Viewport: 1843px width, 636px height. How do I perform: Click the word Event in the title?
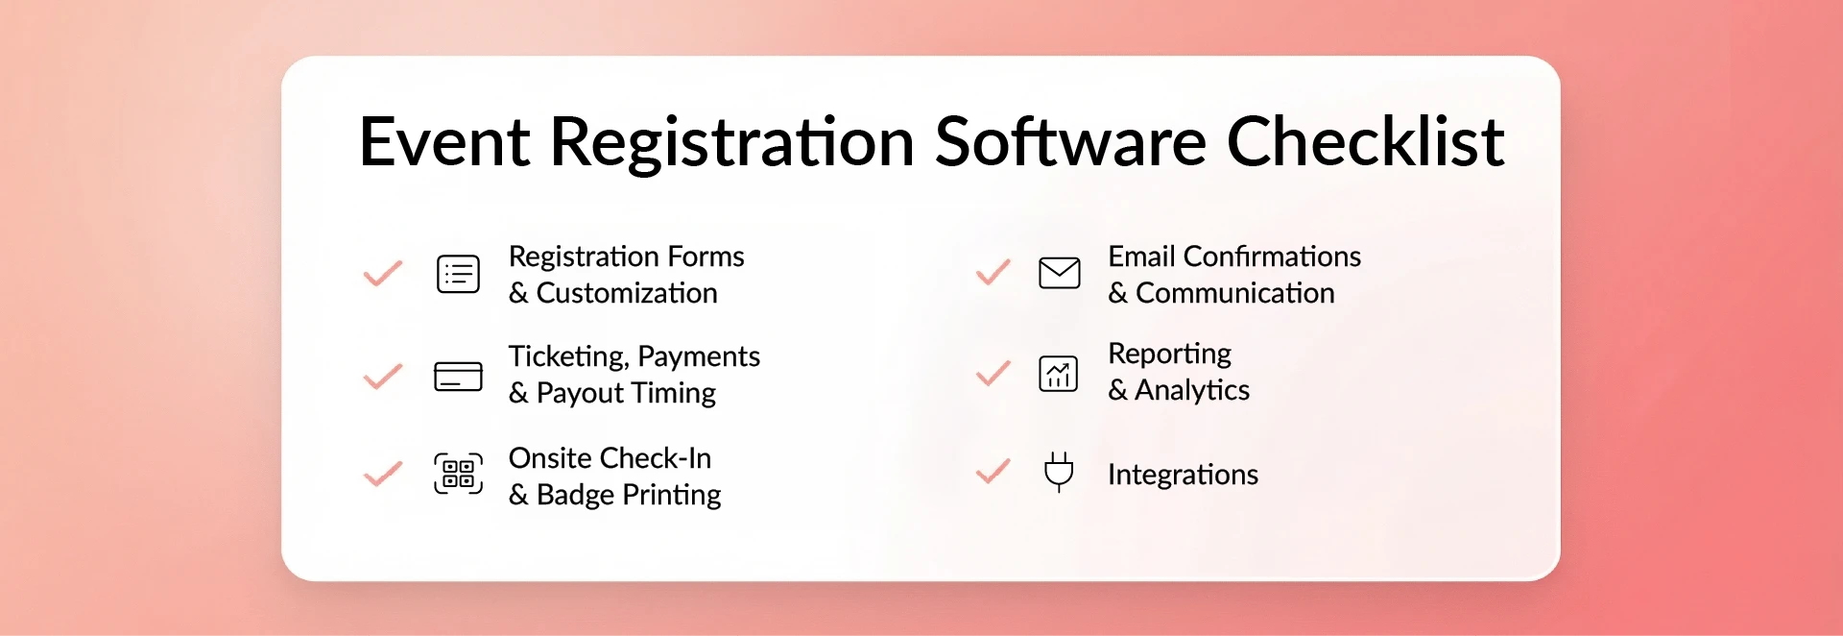point(443,142)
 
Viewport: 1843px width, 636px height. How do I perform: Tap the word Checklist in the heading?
point(1365,142)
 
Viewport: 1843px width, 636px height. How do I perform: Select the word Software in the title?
point(1069,142)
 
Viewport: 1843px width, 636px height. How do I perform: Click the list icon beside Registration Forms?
point(458,274)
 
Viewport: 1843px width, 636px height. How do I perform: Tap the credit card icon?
point(458,377)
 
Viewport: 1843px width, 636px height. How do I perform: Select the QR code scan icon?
point(458,474)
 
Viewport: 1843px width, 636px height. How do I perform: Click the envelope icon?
point(1059,273)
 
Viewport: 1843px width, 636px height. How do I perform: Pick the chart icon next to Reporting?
point(1059,374)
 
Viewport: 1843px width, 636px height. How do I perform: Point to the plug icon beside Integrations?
point(1059,472)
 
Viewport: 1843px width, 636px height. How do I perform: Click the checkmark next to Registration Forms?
point(382,274)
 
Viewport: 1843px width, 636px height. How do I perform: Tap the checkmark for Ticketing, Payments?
point(382,376)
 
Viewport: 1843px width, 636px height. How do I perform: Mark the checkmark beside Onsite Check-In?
point(382,474)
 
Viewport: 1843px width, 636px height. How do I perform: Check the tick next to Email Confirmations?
point(993,273)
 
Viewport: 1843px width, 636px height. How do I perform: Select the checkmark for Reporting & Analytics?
point(993,373)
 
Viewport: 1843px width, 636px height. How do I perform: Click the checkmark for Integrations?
point(993,471)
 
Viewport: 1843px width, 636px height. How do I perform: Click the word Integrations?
point(1183,475)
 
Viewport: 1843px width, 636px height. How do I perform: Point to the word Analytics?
point(1192,390)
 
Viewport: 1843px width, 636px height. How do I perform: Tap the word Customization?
point(627,293)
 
